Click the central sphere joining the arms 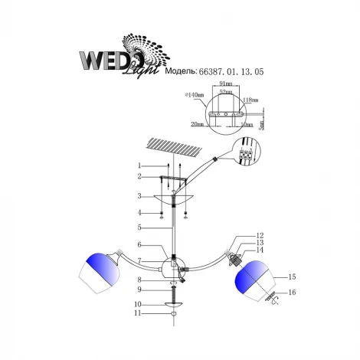(x=173, y=269)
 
